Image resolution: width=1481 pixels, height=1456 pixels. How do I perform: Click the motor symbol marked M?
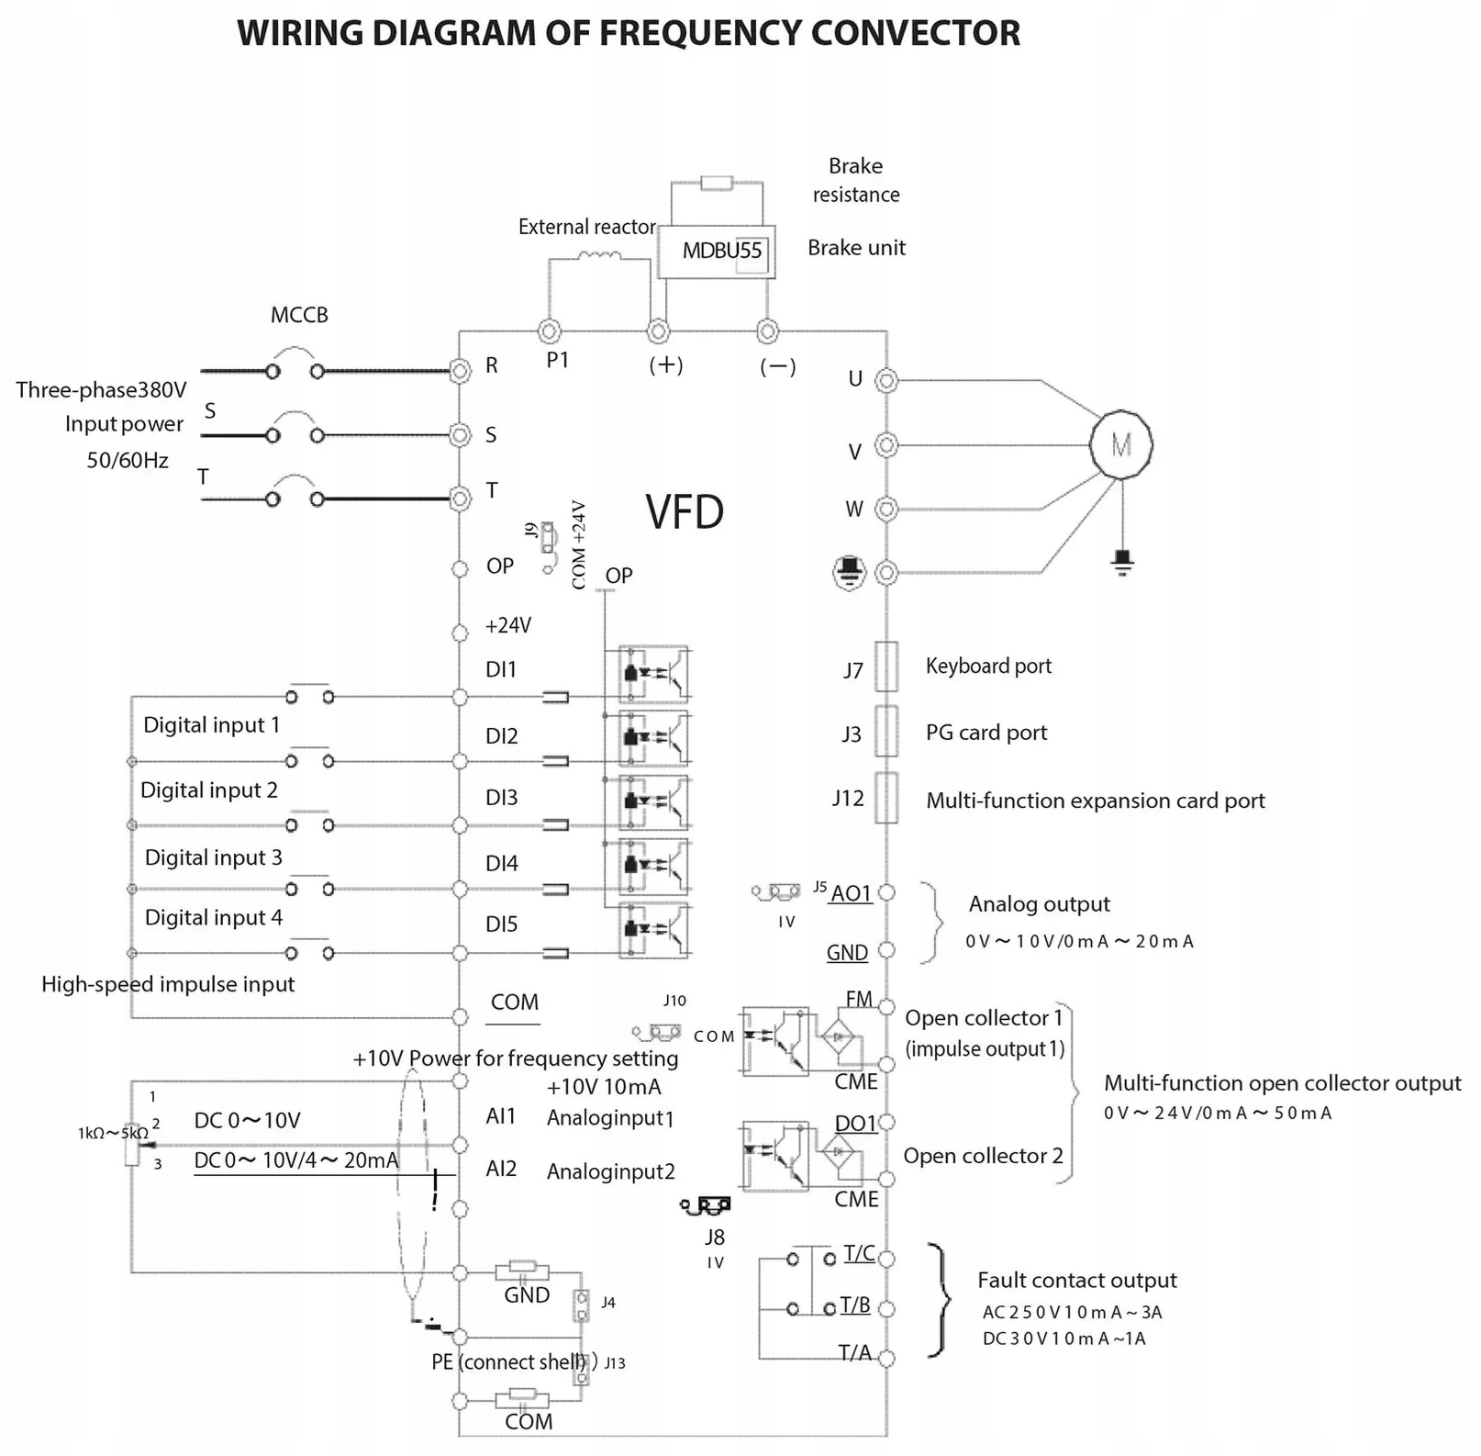click(x=1120, y=445)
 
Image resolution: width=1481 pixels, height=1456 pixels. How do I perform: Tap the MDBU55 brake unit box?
click(x=717, y=252)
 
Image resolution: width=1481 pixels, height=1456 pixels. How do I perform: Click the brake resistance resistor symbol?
click(x=717, y=184)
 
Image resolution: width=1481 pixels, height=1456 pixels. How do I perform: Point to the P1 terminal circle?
click(x=549, y=331)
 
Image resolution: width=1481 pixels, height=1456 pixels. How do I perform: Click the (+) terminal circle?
click(x=658, y=331)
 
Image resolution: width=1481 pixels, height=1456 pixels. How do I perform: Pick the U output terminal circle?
click(x=886, y=380)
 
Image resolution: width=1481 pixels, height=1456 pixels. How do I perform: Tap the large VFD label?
click(x=685, y=512)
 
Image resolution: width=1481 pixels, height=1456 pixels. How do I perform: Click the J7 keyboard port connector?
click(x=886, y=666)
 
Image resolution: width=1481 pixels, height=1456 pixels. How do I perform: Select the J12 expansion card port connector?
click(x=886, y=798)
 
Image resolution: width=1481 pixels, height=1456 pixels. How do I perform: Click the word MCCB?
click(x=299, y=315)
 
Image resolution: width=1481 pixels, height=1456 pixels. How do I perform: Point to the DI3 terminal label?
click(x=502, y=798)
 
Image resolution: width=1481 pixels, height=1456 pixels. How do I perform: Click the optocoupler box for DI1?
click(x=654, y=674)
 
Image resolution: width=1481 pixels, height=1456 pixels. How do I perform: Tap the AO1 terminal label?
click(x=851, y=894)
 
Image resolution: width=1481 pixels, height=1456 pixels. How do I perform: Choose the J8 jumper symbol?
click(x=707, y=1204)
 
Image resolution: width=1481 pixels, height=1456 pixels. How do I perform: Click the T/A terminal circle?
click(x=886, y=1358)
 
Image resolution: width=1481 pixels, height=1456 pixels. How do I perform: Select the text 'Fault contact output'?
click(x=1076, y=1281)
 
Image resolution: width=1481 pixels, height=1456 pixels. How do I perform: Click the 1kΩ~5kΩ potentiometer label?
click(x=112, y=1134)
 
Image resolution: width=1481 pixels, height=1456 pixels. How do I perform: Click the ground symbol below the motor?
click(x=1122, y=561)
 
